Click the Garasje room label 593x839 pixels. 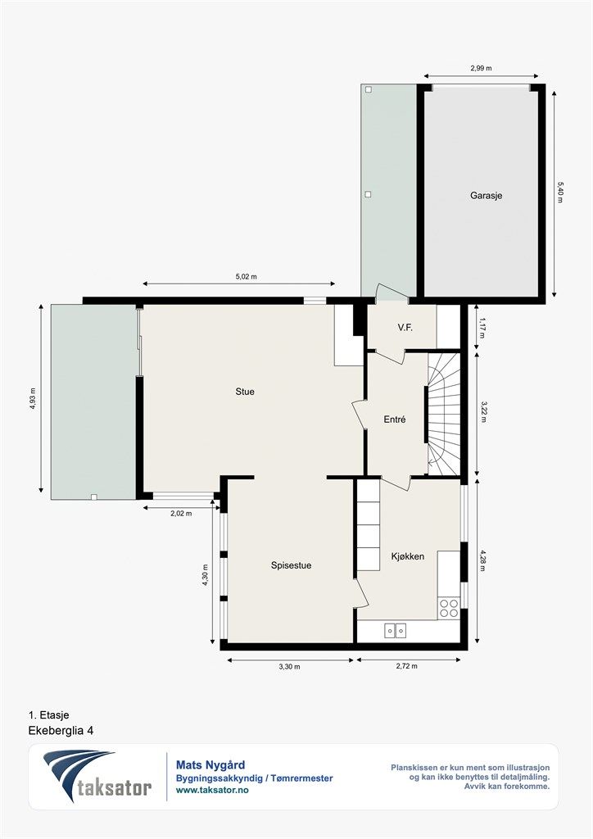pyautogui.click(x=486, y=196)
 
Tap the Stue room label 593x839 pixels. pyautogui.click(x=245, y=392)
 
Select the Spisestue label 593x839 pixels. pyautogui.click(x=291, y=565)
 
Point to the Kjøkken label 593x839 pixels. pyautogui.click(x=407, y=556)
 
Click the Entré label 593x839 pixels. pyautogui.click(x=395, y=420)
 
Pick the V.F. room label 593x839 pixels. pyautogui.click(x=405, y=328)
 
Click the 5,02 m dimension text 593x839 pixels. pyautogui.click(x=246, y=277)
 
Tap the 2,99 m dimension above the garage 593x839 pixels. pyautogui.click(x=481, y=68)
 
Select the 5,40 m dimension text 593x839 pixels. pyautogui.click(x=560, y=192)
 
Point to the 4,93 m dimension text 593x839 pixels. pyautogui.click(x=33, y=398)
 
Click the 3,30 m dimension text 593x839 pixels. pyautogui.click(x=289, y=667)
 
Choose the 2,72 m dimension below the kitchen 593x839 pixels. pyautogui.click(x=406, y=666)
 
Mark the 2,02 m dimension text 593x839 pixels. pyautogui.click(x=181, y=513)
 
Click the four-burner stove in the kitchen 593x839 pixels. pyautogui.click(x=449, y=609)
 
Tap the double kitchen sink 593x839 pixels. pyautogui.click(x=395, y=631)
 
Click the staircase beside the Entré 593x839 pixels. pyautogui.click(x=444, y=414)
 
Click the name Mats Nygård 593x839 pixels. pyautogui.click(x=210, y=765)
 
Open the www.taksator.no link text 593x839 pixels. pyautogui.click(x=212, y=790)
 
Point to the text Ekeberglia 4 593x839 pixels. pyautogui.click(x=61, y=730)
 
